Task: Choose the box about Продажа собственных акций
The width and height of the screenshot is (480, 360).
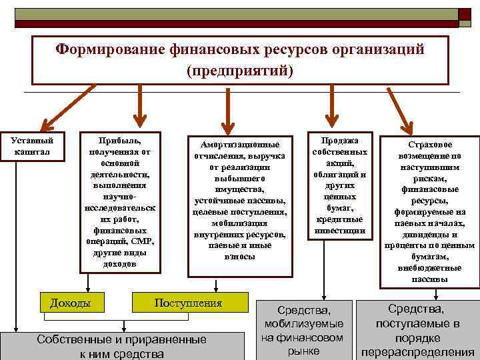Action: (x=339, y=185)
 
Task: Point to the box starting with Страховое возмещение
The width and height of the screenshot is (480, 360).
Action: (x=429, y=212)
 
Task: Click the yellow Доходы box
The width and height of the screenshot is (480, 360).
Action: (x=69, y=303)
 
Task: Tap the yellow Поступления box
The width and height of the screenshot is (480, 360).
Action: (x=188, y=303)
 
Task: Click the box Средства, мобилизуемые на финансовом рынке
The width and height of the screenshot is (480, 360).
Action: (x=303, y=330)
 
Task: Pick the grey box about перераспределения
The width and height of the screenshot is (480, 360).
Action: (x=417, y=330)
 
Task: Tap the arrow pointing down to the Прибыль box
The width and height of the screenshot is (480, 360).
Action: (x=139, y=107)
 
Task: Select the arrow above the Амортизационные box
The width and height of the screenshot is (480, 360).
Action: (x=227, y=110)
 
